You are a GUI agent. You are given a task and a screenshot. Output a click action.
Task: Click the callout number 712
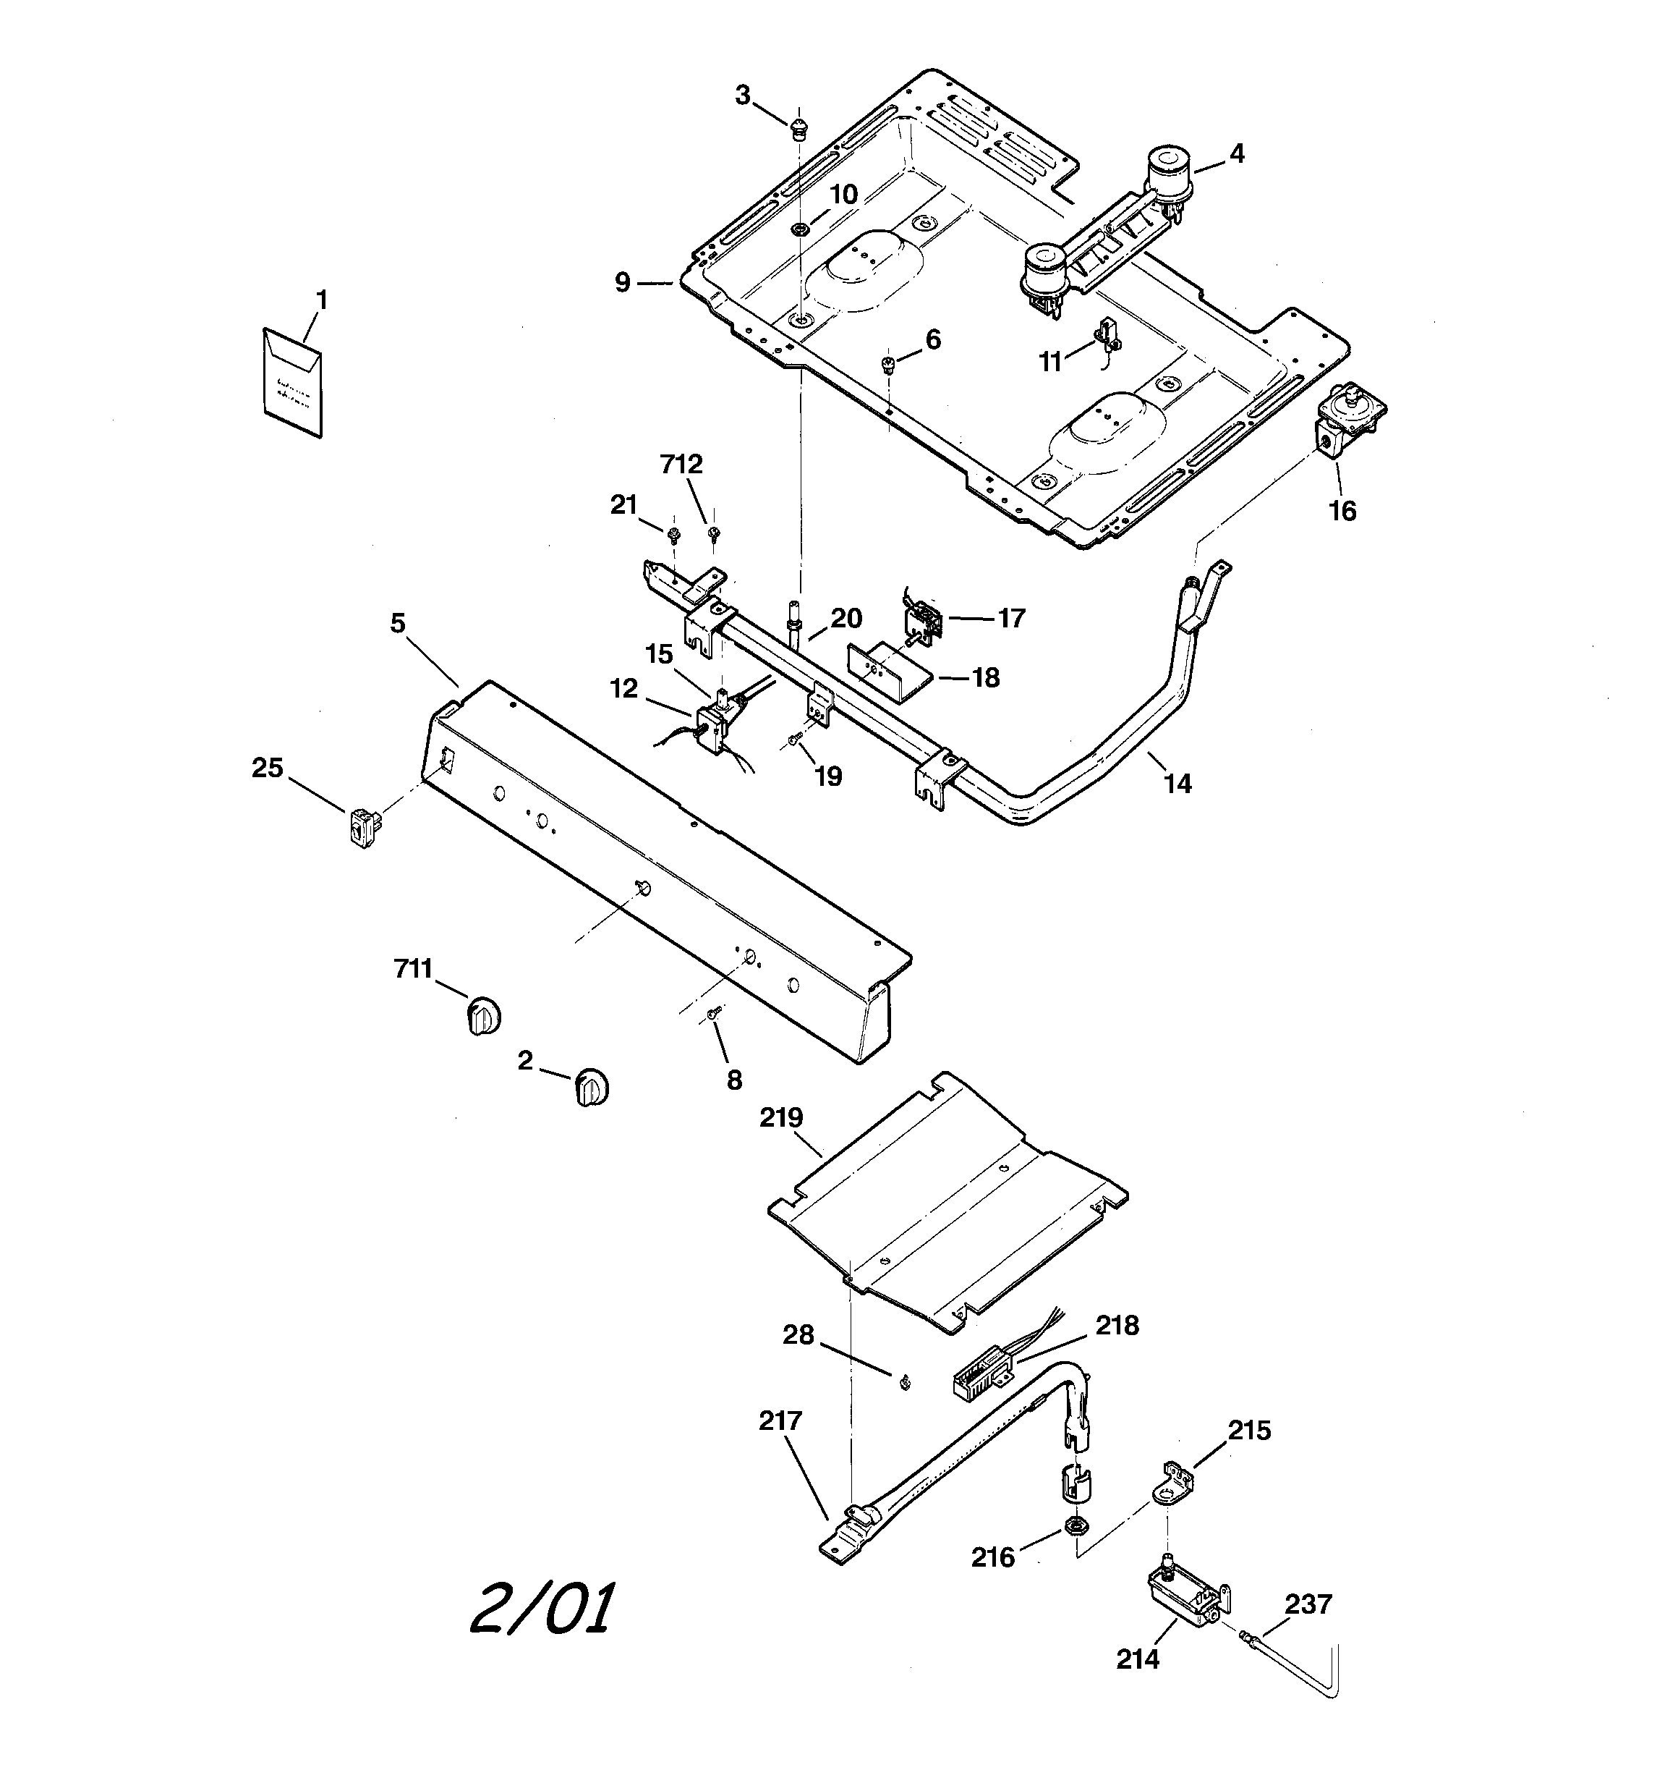681,465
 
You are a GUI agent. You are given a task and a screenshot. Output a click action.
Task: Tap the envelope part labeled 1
293,382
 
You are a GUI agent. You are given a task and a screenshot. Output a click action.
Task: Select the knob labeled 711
484,1016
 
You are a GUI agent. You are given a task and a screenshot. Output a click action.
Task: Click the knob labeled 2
591,1088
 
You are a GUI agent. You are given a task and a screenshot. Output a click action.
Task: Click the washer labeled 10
798,229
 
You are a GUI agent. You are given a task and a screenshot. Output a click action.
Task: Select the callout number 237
1308,1604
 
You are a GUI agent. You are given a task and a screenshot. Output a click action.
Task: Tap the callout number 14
1177,784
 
